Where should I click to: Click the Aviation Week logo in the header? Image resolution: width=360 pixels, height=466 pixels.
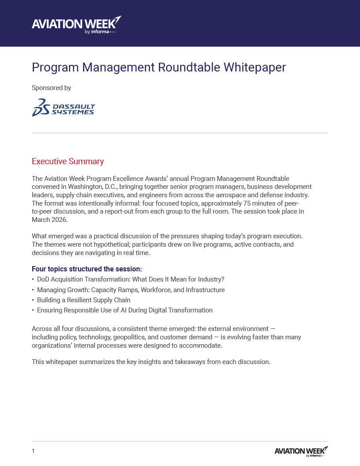76,25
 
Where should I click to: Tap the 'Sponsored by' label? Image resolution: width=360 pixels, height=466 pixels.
51,88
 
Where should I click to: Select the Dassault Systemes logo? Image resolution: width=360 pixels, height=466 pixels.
64,108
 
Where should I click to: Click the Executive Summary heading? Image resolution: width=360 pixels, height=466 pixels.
67,162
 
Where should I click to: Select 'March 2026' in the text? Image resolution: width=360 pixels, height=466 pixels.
49,220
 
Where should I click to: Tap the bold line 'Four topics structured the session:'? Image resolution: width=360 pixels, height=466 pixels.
86,269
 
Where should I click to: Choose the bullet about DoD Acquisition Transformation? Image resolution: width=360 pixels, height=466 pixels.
131,279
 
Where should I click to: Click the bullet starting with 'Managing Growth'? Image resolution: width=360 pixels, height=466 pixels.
131,290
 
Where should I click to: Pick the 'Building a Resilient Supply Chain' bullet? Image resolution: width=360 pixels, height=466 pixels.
83,300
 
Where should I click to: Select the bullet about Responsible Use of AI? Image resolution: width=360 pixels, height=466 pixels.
124,310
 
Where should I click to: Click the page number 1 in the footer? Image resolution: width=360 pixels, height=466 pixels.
33,451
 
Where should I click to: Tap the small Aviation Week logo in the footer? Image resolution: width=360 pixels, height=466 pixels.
301,451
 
